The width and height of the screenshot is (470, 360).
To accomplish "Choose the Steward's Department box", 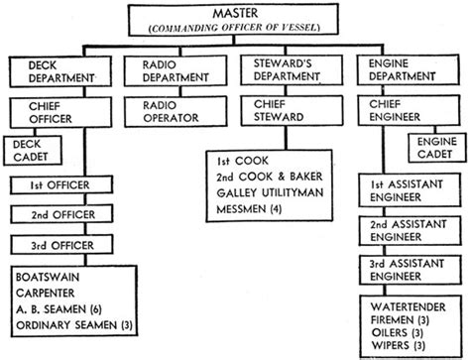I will point(286,70).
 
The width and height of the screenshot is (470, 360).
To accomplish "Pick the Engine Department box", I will point(401,70).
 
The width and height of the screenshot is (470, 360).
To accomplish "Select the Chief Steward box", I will point(286,110).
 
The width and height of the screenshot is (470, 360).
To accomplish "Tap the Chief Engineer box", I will point(401,110).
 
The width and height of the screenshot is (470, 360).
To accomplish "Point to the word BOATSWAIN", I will point(47,278).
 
